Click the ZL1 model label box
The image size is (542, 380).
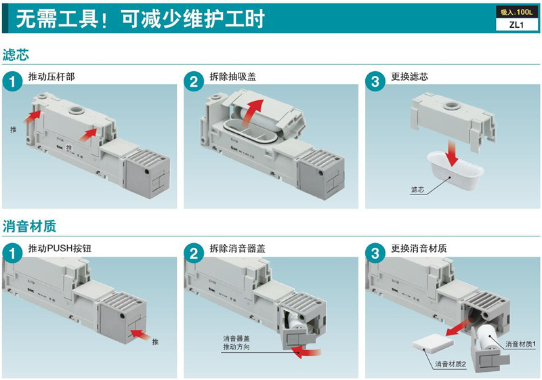coord(517,26)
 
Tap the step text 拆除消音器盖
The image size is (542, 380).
coord(237,248)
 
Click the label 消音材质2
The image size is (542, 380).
coord(451,364)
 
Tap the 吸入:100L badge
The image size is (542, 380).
coord(516,13)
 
